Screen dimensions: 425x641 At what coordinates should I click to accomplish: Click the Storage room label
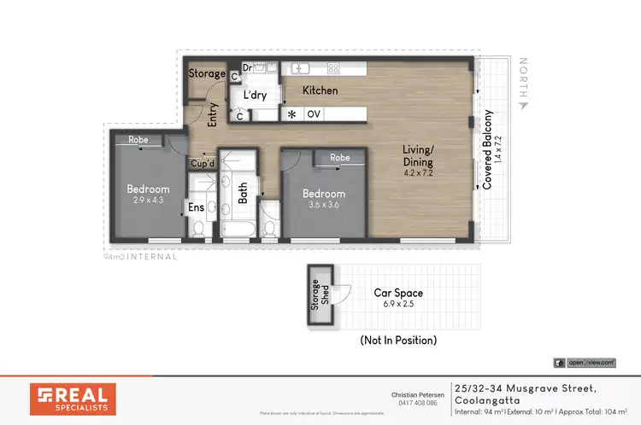208,74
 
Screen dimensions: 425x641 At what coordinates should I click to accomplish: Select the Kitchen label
320,90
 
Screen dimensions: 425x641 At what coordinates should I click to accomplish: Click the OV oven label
314,114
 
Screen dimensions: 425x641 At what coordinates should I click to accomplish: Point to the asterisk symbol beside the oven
292,114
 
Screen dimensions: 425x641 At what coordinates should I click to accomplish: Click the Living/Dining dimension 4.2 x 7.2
419,173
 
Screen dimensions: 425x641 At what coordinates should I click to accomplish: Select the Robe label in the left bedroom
139,140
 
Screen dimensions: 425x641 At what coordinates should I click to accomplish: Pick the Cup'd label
202,163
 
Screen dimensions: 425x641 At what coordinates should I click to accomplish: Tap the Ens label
197,207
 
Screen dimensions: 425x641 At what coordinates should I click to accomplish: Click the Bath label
243,195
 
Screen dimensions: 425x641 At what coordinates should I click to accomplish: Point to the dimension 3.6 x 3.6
324,206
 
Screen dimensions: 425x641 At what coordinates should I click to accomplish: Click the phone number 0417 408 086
418,404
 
